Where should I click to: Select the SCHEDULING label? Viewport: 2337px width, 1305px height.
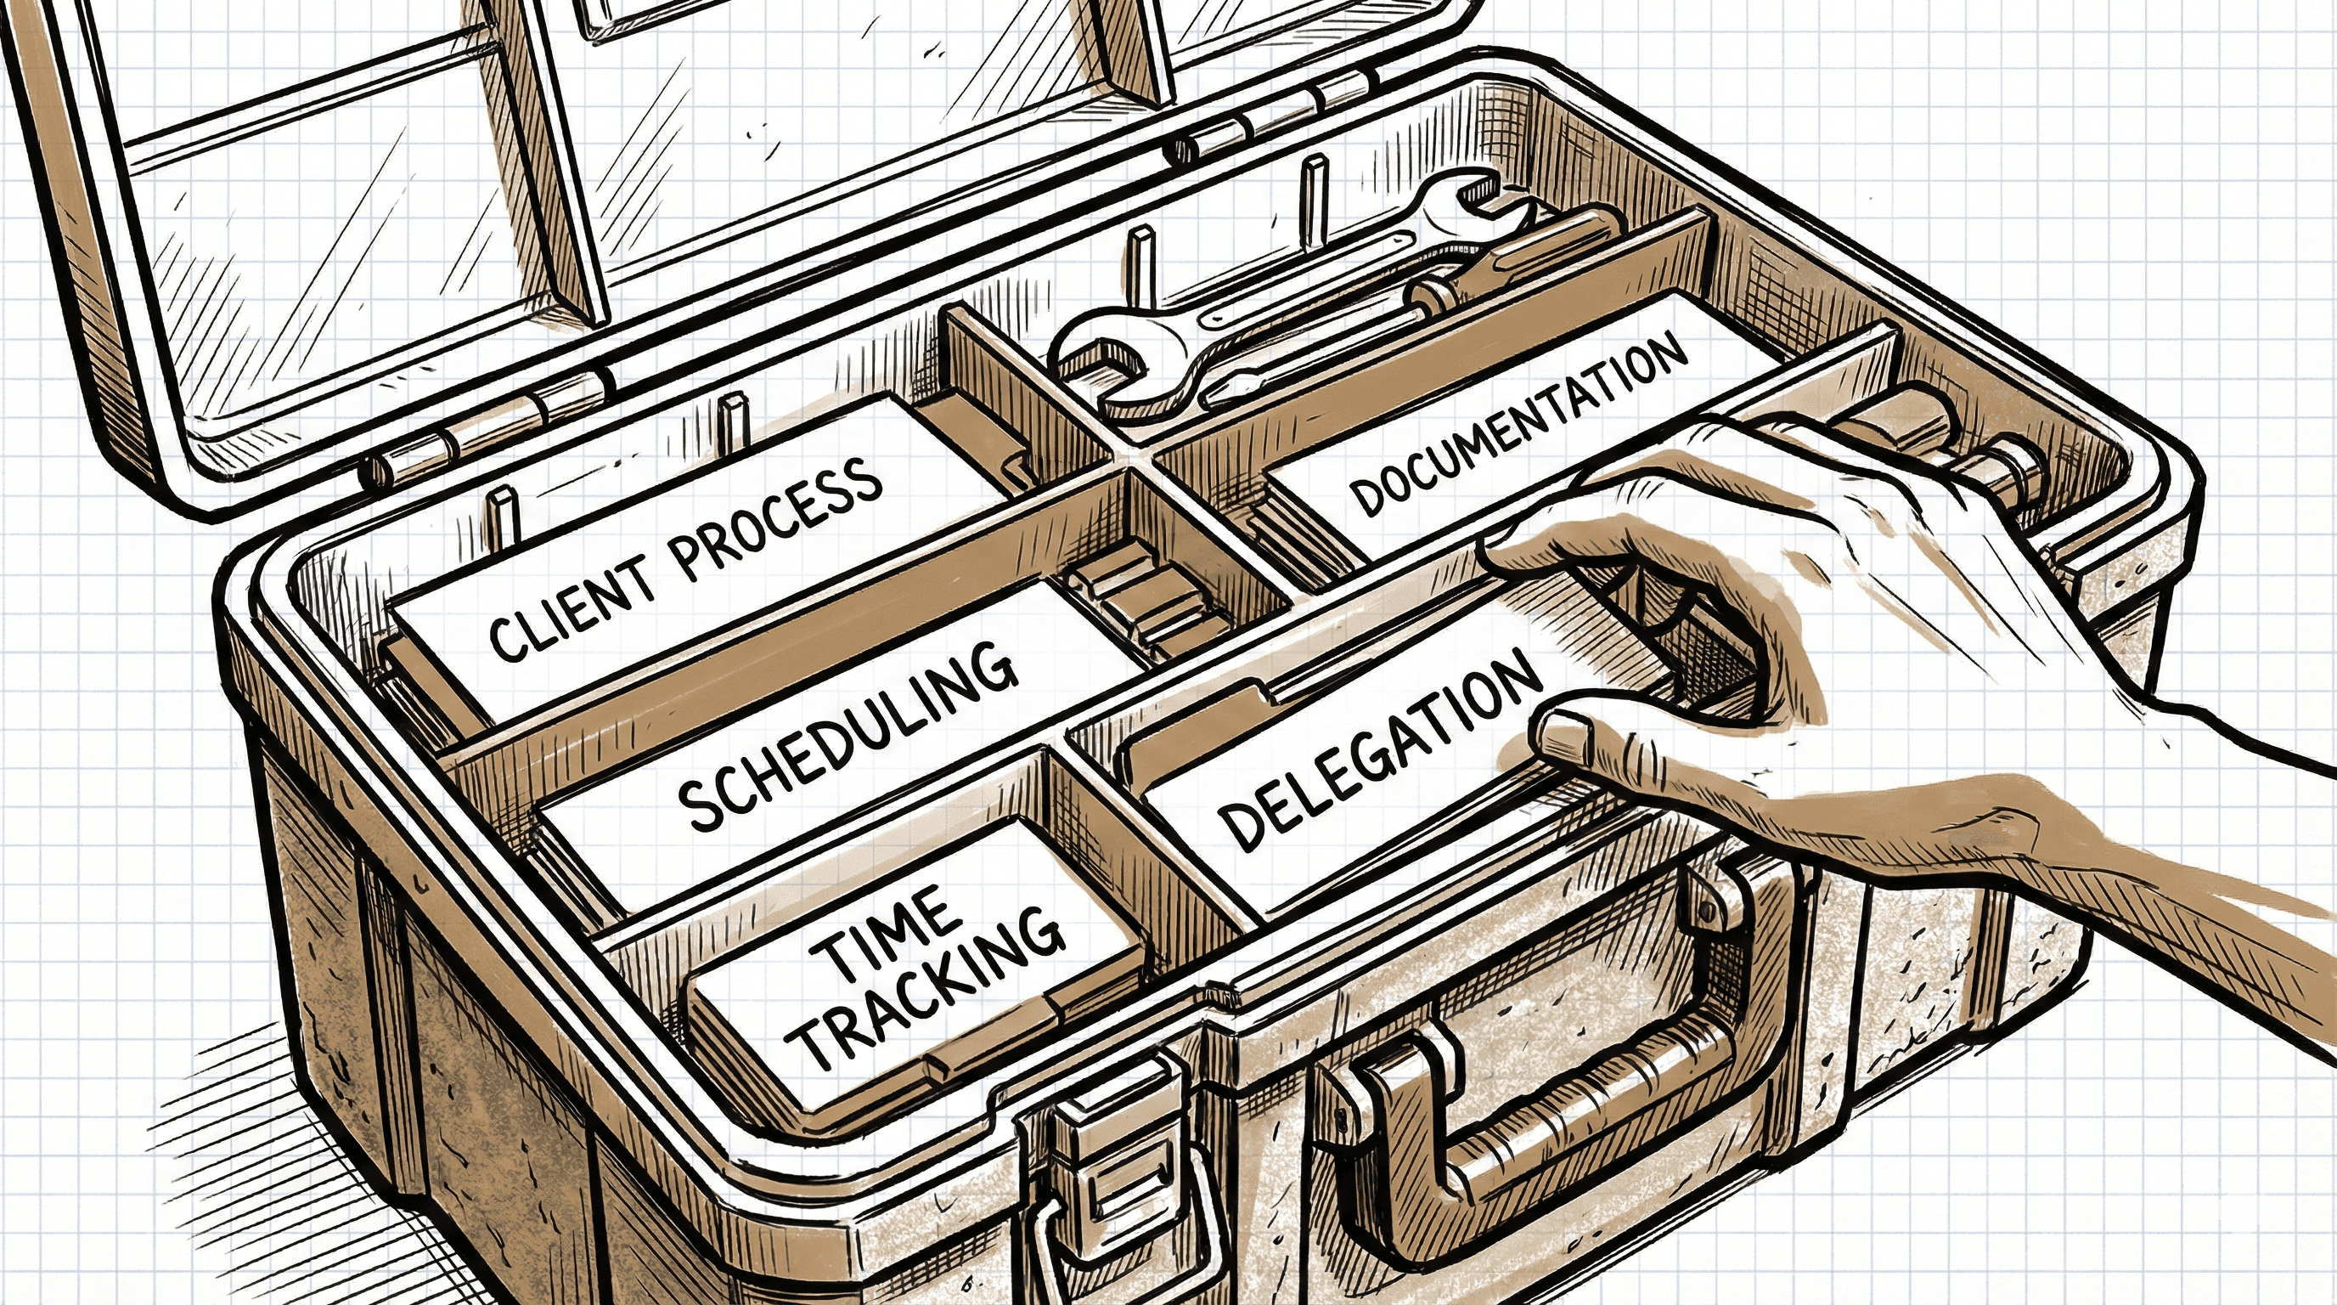click(849, 735)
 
